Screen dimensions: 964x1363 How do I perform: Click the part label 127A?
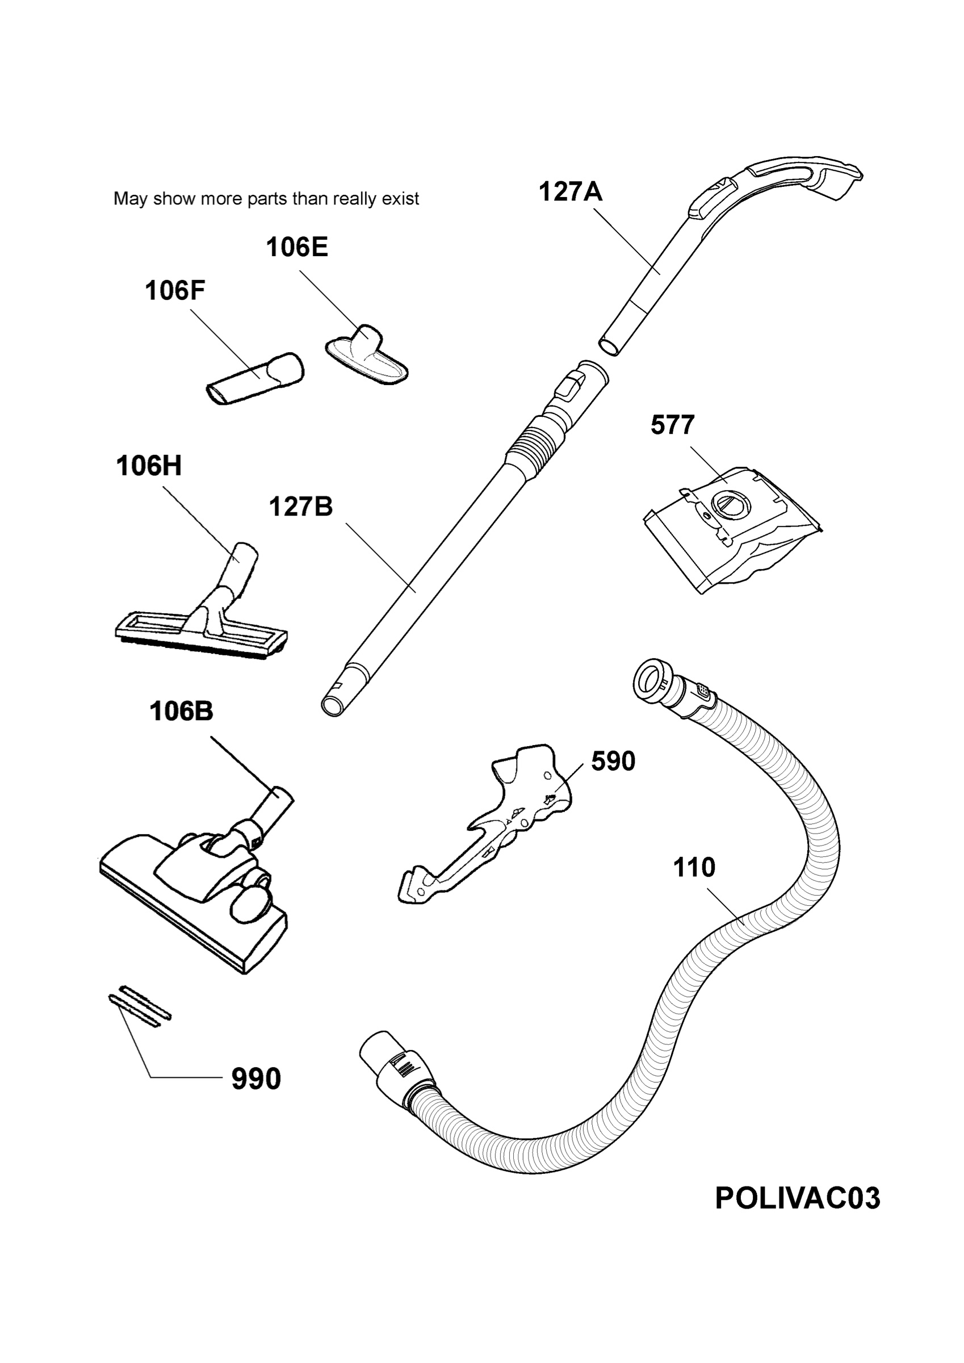click(x=570, y=192)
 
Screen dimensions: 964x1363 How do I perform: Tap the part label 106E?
click(x=297, y=247)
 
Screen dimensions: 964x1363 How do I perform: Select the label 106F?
click(x=175, y=291)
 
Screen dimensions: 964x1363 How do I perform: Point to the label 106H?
click(x=148, y=466)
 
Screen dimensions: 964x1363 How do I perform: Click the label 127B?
click(x=301, y=507)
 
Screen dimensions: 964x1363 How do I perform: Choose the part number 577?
click(x=673, y=425)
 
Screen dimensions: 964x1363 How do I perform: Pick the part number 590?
click(x=613, y=761)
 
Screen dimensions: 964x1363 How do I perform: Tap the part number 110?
click(x=694, y=868)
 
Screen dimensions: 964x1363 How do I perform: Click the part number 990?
click(x=256, y=1079)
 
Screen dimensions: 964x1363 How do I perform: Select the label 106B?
click(x=181, y=711)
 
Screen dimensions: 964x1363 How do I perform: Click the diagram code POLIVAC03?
click(x=797, y=1198)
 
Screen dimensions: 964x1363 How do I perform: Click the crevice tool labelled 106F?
click(x=255, y=379)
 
